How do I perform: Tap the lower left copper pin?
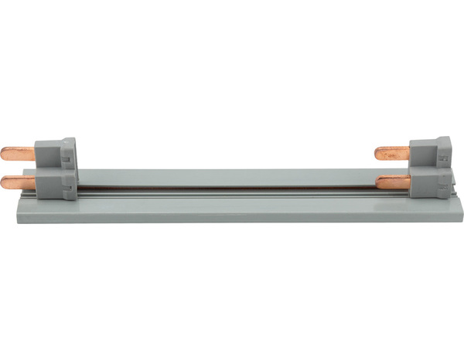(x=19, y=182)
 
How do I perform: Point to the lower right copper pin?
(x=394, y=182)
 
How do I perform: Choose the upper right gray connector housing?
(x=431, y=151)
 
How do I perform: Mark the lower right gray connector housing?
(x=431, y=184)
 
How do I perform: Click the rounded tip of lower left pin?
(x=4, y=183)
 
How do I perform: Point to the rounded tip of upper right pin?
(x=377, y=153)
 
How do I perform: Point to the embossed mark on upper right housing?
(x=442, y=156)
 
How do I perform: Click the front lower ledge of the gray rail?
(x=232, y=212)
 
